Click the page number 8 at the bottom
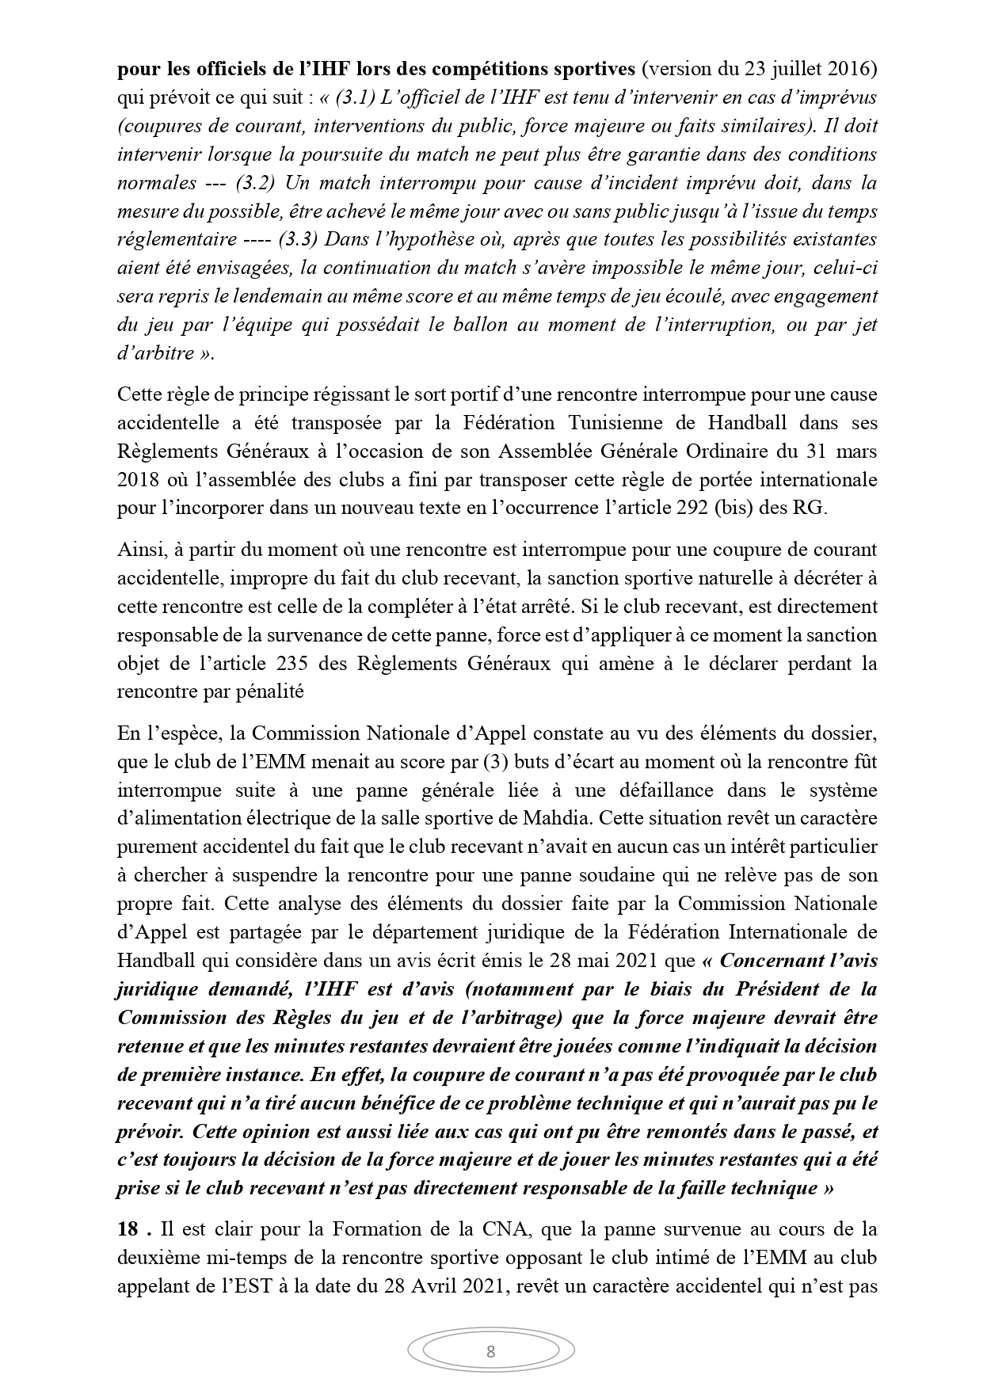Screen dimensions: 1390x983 coord(490,1351)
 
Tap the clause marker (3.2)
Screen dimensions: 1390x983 coord(255,183)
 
